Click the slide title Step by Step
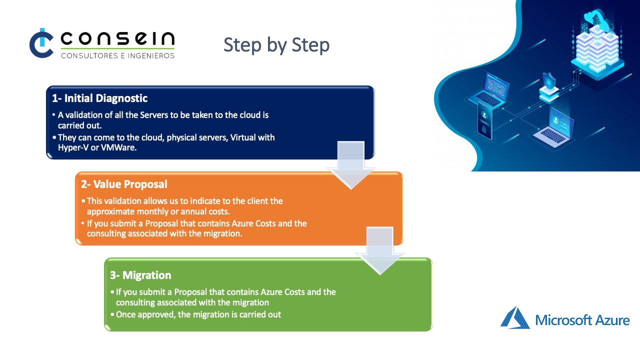(x=276, y=45)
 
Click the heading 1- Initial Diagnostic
(x=100, y=98)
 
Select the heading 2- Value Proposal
(x=124, y=184)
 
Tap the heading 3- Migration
(x=140, y=275)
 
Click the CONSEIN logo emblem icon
(x=41, y=43)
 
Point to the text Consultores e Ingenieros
(x=117, y=55)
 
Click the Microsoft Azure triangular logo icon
(x=515, y=318)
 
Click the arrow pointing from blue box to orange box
(x=350, y=165)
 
